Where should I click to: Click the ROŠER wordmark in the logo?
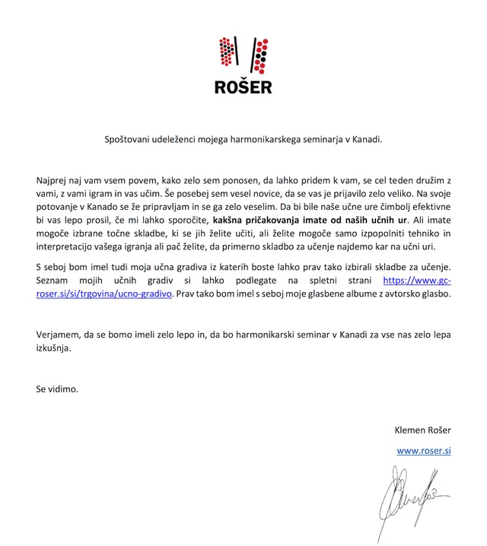tap(243, 86)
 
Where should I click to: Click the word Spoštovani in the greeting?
tap(129, 140)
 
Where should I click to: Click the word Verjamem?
tap(59, 333)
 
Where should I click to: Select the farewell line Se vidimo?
tap(57, 388)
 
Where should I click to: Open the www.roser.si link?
tap(425, 450)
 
